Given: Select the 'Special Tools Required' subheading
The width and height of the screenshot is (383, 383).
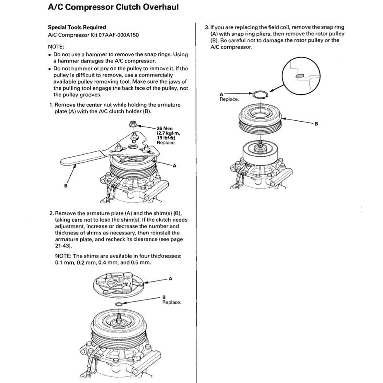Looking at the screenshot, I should [x=77, y=27].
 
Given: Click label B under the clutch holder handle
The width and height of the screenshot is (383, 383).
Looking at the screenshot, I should [x=65, y=186].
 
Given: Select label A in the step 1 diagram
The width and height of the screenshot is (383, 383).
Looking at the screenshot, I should [x=174, y=165].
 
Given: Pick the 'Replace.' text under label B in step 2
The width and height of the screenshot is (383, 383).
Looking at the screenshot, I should [x=172, y=302].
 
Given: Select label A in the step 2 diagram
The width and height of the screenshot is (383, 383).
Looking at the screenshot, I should [x=170, y=279].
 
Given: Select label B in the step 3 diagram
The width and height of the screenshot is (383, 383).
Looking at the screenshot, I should [x=316, y=124].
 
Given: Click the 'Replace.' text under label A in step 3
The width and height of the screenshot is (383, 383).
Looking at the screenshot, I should [x=229, y=99].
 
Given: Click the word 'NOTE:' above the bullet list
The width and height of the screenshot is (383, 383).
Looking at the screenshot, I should [x=56, y=47].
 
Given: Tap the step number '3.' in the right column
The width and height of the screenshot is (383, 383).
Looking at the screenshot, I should [x=207, y=27].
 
